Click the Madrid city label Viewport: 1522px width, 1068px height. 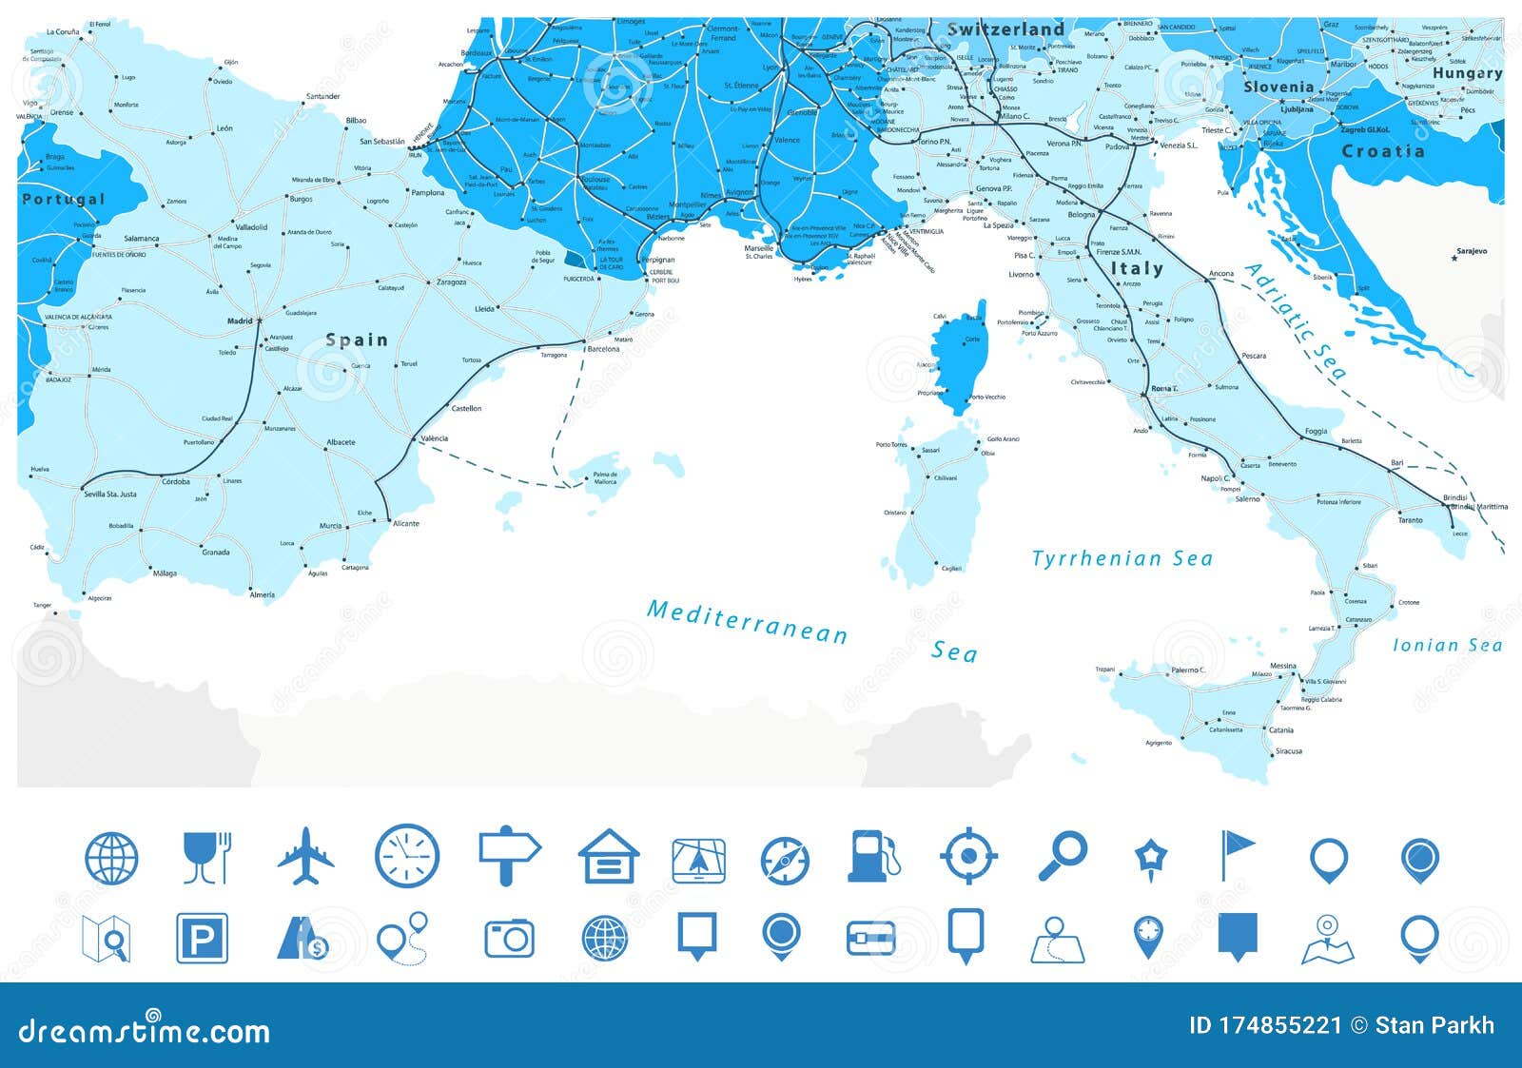point(240,321)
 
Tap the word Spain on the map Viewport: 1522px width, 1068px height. point(357,340)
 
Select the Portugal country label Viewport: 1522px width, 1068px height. point(64,200)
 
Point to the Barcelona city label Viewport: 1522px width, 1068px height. point(603,349)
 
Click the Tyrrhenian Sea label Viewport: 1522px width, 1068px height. point(1122,559)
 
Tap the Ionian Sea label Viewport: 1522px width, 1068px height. point(1447,646)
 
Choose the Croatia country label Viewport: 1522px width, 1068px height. point(1383,151)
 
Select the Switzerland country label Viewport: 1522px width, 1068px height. point(1005,29)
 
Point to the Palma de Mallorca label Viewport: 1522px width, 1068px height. point(605,477)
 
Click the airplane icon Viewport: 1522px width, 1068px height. point(306,856)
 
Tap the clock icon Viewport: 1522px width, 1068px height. point(407,856)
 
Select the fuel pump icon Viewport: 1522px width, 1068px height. point(872,856)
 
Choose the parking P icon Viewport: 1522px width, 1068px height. point(202,939)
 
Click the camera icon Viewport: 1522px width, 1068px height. point(509,939)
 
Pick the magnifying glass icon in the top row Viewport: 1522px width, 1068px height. point(1062,856)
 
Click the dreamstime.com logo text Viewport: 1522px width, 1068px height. point(144,1031)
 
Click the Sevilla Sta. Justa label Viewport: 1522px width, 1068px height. point(110,494)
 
